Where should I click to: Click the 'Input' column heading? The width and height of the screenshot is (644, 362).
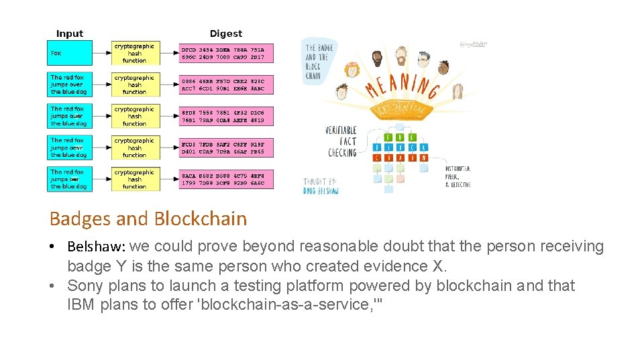pos(70,34)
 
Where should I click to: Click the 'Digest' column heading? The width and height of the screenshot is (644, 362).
pos(225,34)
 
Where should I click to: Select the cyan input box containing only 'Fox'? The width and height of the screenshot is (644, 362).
pos(70,53)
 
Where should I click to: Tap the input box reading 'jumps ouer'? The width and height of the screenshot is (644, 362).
pos(70,116)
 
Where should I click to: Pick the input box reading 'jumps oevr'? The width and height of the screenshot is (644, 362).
pos(70,147)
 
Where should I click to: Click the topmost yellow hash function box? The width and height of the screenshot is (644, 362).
pos(136,53)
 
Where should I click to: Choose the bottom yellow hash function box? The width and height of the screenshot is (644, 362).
pos(136,179)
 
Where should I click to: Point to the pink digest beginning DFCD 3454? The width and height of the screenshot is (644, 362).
pos(227,53)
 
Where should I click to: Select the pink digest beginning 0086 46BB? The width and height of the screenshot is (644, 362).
pos(227,84)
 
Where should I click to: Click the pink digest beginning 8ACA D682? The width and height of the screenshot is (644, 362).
pos(227,179)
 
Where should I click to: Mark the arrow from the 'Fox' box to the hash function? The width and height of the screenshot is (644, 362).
pos(102,53)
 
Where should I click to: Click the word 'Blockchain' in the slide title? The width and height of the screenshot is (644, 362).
pos(200,219)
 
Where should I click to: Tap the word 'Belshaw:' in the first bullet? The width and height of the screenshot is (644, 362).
pos(96,247)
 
